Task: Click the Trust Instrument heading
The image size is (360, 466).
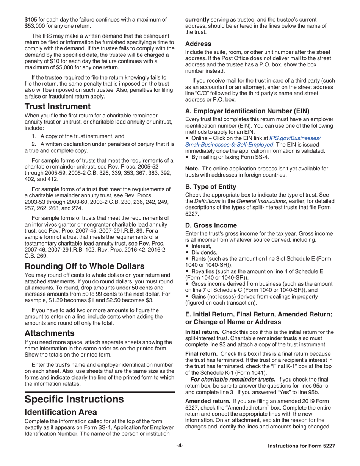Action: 58,106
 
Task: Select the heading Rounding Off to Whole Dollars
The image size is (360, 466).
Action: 84,266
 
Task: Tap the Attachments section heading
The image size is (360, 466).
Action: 49,333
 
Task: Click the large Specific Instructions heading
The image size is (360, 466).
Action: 74,399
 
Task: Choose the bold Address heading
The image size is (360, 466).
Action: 198,44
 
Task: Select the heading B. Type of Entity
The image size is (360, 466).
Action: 211,187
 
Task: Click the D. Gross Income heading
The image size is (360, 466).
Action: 211,225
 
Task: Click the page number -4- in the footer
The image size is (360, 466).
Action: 180,446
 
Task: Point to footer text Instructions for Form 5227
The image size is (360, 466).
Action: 301,446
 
